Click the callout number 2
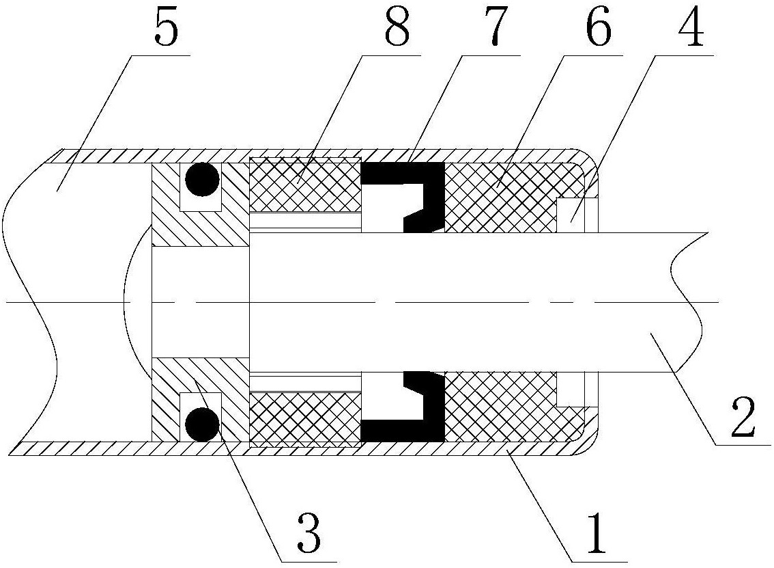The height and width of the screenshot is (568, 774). pos(743,416)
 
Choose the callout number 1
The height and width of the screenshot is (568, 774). pos(598,533)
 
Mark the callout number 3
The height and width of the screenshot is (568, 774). pos(309,533)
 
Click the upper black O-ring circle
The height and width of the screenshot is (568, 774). pos(202,180)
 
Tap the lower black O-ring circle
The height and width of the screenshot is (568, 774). pos(202,424)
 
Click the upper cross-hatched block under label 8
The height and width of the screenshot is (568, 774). pos(306,185)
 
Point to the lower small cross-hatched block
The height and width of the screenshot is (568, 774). pos(306,419)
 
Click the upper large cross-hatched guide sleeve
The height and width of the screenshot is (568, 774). pos(504,198)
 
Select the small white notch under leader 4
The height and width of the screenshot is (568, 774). pos(571,215)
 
